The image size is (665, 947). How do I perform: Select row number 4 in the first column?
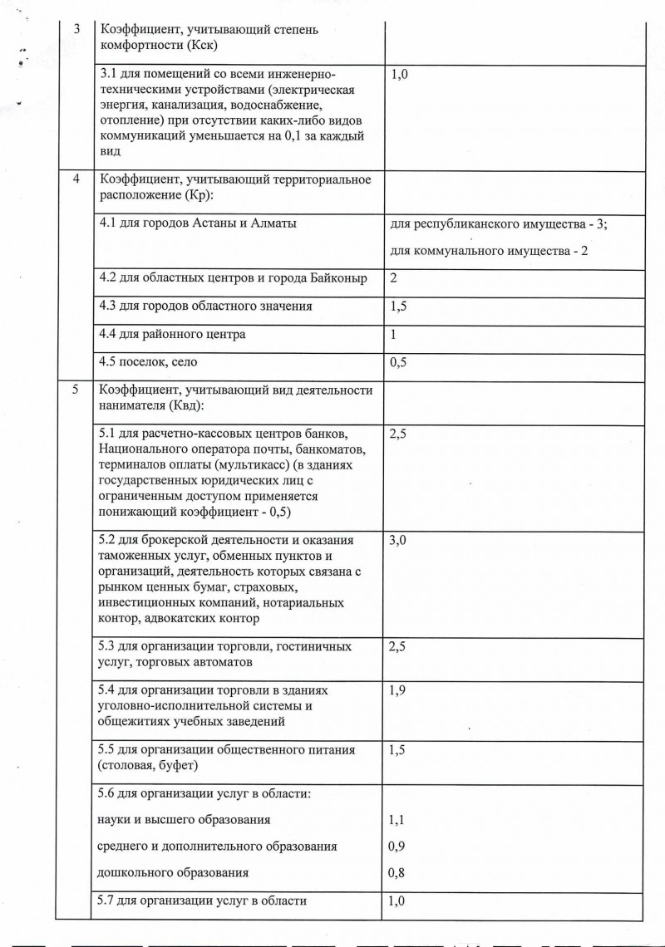pos(76,179)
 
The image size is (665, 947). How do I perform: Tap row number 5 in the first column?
pos(76,390)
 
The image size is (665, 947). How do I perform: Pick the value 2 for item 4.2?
pos(393,278)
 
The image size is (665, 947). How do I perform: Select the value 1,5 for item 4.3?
pos(397,307)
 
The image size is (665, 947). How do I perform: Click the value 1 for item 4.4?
pos(393,335)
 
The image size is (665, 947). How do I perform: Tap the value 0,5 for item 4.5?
pos(397,362)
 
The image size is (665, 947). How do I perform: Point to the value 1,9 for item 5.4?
pos(397,690)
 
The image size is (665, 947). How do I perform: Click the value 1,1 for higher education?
pos(397,819)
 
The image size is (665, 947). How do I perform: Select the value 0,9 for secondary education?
pos(397,846)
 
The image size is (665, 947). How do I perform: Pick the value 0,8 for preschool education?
pos(397,873)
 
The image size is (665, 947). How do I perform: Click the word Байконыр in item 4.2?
pos(338,278)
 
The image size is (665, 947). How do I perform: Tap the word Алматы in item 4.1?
pos(273,223)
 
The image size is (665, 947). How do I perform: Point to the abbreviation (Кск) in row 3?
pos(202,45)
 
